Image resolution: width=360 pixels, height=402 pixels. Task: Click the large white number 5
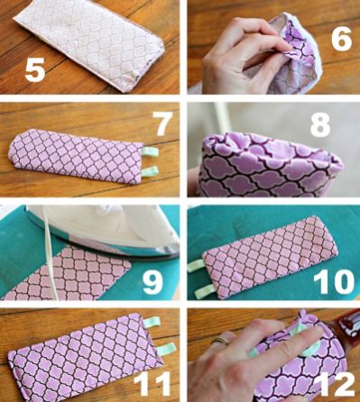coord(35,70)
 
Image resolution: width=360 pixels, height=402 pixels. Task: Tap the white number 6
coord(342,39)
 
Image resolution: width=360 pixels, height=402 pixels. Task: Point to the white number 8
coord(320,123)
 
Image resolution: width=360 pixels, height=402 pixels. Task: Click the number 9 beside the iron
coord(153,282)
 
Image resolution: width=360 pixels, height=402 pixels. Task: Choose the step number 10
coord(334,282)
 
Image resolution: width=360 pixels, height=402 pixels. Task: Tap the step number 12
coord(337,384)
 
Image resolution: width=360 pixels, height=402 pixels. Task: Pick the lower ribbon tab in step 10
coord(204,291)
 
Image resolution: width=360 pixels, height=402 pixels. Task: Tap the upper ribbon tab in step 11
coord(152,323)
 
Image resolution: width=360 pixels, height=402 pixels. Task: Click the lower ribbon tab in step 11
coord(167,349)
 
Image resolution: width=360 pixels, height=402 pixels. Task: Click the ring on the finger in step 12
coord(221,341)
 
